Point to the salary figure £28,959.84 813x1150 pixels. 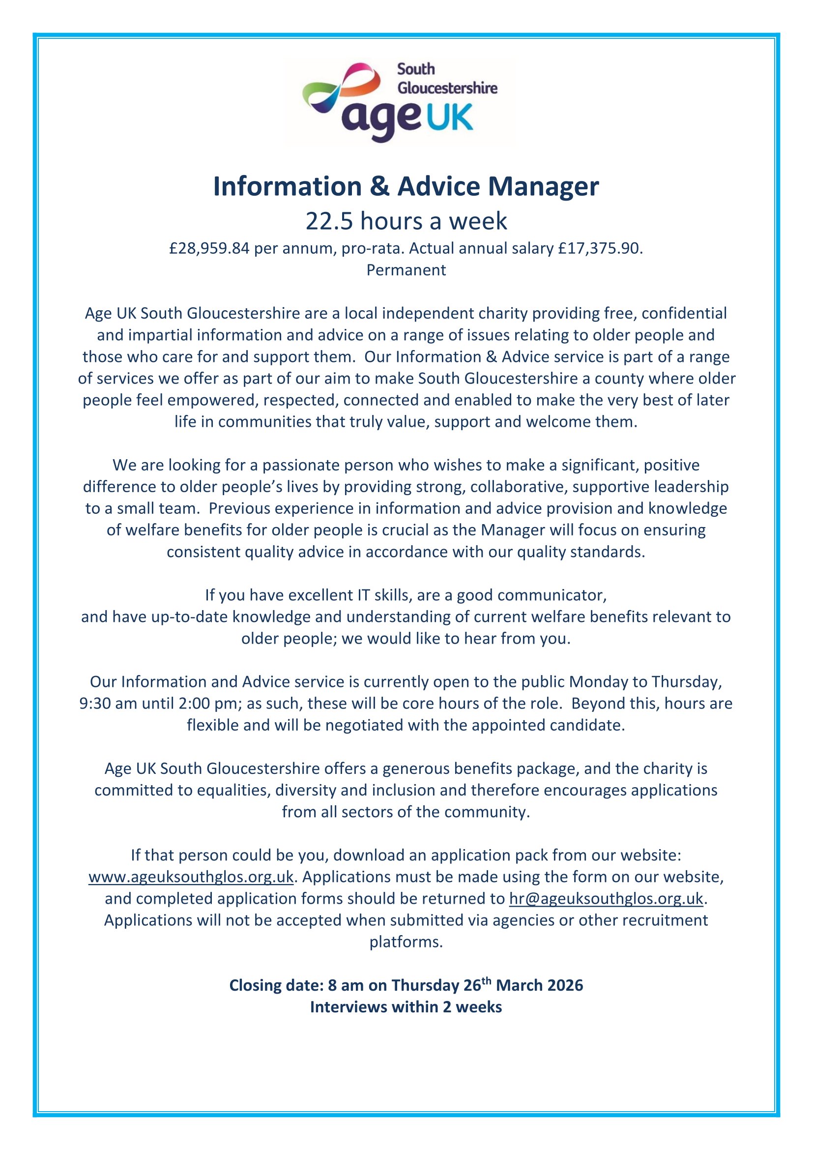point(209,248)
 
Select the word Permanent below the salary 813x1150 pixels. point(406,270)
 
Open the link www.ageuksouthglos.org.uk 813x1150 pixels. point(191,877)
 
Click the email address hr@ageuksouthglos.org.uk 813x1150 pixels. point(606,898)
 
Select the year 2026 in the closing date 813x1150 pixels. point(565,985)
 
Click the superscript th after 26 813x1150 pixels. point(487,981)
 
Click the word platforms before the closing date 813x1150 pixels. point(406,942)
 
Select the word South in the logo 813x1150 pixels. point(415,69)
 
